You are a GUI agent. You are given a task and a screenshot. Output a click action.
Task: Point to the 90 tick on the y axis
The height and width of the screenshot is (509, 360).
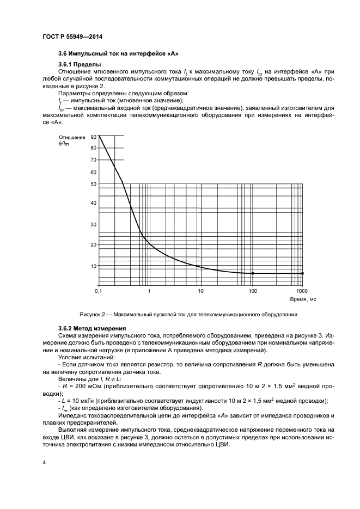click(93, 137)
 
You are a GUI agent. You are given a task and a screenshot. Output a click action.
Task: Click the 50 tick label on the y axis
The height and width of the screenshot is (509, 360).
click(93, 184)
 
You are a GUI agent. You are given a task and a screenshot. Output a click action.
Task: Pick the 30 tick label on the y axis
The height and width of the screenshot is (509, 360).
click(93, 224)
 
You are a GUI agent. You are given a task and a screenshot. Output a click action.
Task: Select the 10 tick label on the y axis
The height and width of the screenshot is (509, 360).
click(93, 266)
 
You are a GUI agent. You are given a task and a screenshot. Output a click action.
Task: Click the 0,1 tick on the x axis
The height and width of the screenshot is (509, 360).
click(98, 292)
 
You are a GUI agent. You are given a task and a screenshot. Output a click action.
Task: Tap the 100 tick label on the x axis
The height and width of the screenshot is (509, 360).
click(253, 292)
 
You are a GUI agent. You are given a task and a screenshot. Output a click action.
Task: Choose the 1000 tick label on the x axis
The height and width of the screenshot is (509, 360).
click(302, 292)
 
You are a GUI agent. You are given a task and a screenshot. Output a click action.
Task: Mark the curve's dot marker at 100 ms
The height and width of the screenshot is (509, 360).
click(253, 273)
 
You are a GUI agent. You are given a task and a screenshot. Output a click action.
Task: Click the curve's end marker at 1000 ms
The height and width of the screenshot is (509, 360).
click(303, 273)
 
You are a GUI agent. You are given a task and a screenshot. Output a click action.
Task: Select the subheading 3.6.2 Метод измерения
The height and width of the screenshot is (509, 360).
click(93, 328)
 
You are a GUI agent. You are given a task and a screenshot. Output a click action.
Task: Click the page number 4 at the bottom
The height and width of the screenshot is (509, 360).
click(44, 463)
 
